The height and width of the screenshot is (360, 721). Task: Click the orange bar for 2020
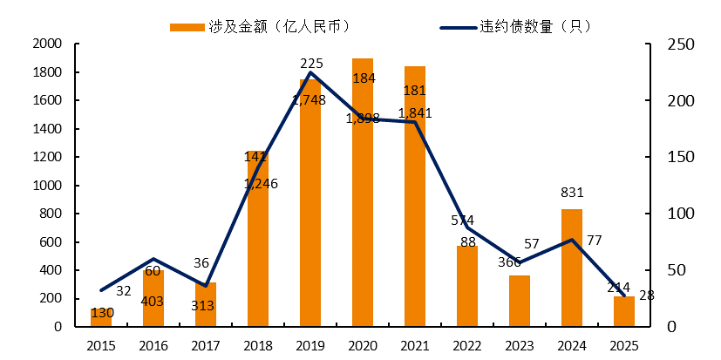(x=362, y=193)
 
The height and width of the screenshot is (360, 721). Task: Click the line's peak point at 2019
(x=310, y=72)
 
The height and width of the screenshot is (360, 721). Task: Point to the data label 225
(x=311, y=63)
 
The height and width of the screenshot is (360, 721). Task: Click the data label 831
(x=572, y=193)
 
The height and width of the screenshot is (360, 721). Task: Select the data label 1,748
(x=309, y=100)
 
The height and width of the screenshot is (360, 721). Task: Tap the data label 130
(x=102, y=313)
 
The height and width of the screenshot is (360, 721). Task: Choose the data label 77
(x=595, y=240)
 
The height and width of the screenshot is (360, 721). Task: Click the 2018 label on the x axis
(x=258, y=346)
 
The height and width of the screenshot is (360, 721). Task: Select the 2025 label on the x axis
(x=624, y=346)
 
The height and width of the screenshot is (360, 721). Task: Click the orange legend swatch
(x=186, y=26)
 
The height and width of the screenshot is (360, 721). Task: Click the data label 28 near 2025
(x=646, y=295)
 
